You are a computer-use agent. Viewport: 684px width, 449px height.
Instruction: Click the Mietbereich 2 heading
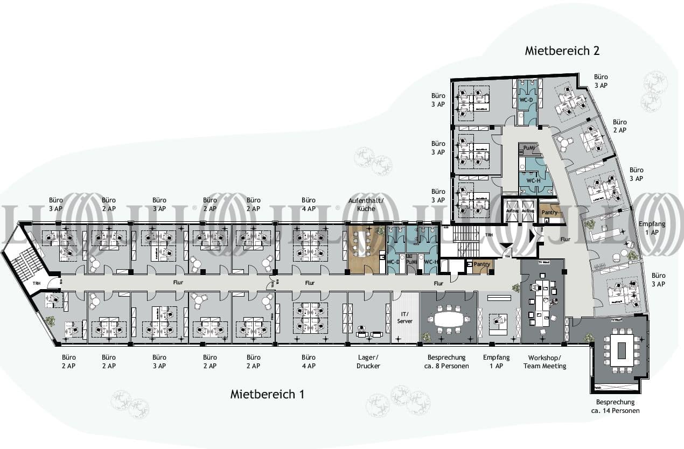point(562,51)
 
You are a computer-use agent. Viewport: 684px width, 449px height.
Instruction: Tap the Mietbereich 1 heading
point(267,394)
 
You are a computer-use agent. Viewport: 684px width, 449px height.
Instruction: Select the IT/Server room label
point(404,317)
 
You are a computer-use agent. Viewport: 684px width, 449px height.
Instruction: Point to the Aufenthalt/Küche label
point(366,204)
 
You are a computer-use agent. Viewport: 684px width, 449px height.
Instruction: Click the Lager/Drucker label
point(368,361)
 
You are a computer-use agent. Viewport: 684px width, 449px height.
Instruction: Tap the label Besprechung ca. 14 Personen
point(615,406)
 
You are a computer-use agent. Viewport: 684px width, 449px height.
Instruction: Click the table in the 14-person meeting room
point(617,350)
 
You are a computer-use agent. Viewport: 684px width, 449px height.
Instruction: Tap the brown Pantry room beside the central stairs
point(481,265)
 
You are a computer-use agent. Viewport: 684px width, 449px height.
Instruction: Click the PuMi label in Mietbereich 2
point(528,148)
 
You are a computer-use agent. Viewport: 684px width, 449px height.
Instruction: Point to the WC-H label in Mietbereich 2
point(533,181)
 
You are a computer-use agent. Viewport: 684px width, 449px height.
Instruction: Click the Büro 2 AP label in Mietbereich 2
point(619,126)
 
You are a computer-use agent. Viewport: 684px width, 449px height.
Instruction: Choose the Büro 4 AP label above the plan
point(309,204)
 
